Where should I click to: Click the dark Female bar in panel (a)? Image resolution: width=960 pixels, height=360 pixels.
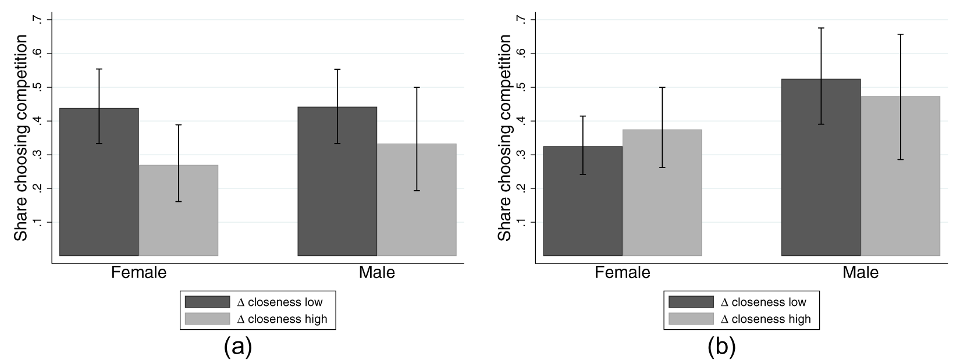pos(99,198)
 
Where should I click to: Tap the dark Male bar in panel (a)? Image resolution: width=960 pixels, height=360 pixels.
pos(337,198)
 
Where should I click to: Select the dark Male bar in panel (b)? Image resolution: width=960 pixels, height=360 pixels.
pos(821,186)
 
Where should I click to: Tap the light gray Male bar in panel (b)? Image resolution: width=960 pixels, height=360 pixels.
pos(900,192)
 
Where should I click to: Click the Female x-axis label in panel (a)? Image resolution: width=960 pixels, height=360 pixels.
pos(138,272)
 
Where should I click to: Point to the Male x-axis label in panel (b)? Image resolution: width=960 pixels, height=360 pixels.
pos(861,272)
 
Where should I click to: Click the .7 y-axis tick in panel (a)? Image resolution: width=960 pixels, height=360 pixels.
pos(38,20)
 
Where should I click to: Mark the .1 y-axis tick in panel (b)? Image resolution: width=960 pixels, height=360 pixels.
pos(521,222)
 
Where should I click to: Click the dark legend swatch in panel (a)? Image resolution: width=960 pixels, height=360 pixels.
pos(207,302)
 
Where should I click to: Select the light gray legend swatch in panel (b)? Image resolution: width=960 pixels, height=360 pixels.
pos(691,319)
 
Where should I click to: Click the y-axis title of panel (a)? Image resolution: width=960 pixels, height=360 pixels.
pos(21,138)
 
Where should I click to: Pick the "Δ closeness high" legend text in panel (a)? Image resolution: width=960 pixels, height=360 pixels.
pos(282,319)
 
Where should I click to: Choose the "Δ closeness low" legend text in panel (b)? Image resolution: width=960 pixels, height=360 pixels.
pos(763,302)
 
